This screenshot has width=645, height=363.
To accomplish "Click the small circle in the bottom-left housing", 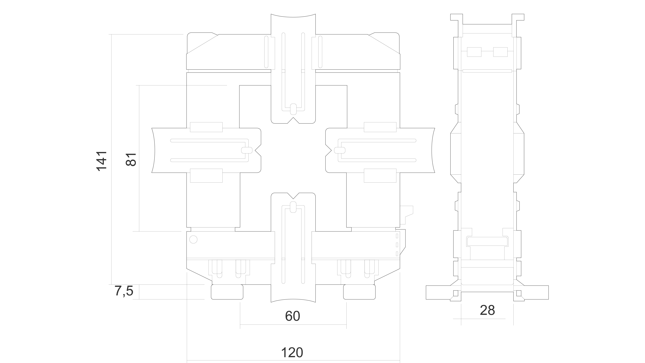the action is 193,239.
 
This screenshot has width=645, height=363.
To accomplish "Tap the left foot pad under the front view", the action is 227,292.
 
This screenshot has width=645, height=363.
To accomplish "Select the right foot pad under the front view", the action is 359,292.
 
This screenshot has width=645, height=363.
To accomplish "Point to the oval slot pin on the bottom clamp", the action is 293,207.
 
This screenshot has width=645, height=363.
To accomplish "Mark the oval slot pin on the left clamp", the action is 247,150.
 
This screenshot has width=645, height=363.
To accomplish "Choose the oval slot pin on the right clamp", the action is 340,150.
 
